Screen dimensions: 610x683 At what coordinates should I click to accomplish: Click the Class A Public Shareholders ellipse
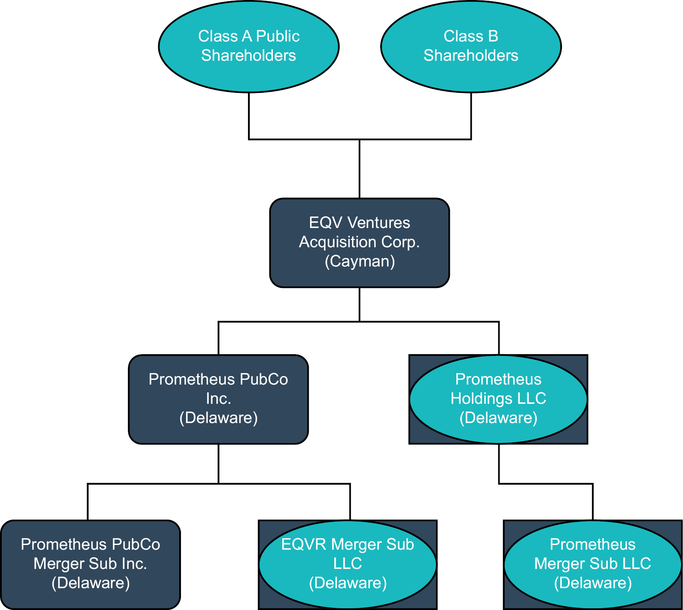click(248, 46)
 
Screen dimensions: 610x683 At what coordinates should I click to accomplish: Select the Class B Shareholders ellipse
click(470, 46)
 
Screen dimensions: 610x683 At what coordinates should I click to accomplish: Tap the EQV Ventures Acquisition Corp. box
click(359, 243)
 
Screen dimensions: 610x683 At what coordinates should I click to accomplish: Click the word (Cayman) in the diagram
click(360, 261)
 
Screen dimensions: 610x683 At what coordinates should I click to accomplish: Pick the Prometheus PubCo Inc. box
click(218, 399)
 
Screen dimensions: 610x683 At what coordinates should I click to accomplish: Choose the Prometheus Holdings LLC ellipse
click(498, 399)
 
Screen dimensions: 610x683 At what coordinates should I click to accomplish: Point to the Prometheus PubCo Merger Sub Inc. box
click(90, 564)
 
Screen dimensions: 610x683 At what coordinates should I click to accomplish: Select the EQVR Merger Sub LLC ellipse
click(348, 564)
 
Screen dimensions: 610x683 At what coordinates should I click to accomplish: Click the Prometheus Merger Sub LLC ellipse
click(593, 564)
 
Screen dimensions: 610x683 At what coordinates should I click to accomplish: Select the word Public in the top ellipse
click(278, 36)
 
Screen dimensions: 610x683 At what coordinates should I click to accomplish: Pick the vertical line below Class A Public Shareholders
click(249, 115)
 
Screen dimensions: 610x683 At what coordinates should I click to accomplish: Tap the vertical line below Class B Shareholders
click(471, 115)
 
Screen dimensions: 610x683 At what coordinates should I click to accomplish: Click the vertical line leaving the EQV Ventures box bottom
click(360, 304)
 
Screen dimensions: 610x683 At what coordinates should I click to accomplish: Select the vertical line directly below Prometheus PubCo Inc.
click(219, 464)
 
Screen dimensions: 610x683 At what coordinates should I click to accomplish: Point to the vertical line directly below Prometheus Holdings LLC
click(499, 464)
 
